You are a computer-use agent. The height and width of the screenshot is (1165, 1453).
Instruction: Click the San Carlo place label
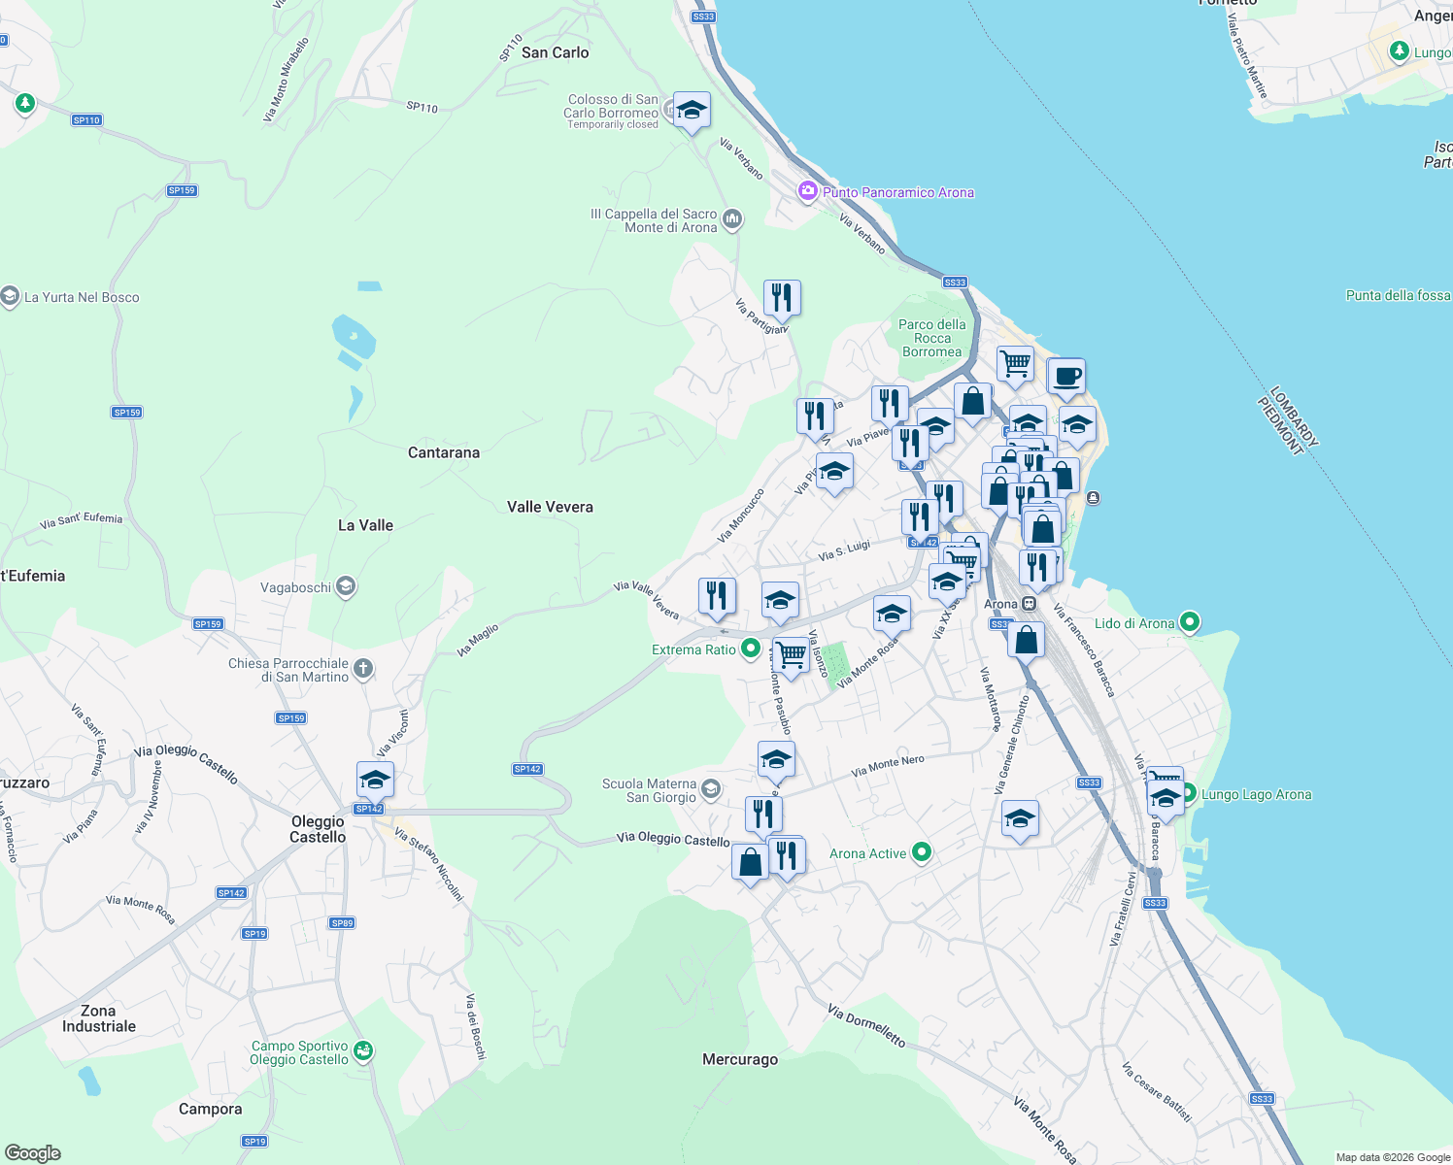(555, 52)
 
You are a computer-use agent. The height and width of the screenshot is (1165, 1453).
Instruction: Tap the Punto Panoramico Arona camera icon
(807, 191)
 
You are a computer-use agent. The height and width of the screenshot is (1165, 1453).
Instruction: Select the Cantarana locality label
(443, 452)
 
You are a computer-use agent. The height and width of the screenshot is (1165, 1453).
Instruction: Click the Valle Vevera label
(550, 507)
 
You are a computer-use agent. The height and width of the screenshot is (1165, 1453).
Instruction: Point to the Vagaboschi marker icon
(346, 586)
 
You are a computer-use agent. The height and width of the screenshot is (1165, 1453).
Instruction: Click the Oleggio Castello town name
(318, 829)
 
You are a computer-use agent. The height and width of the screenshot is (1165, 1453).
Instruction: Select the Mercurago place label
(740, 1059)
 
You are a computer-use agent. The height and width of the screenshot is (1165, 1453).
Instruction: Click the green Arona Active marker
(922, 852)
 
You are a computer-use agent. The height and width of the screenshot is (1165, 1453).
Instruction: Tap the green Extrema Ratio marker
(750, 649)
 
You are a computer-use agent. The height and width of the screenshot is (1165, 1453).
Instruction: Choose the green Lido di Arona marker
(1191, 622)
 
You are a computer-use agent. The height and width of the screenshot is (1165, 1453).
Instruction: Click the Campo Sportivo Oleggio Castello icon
(362, 1050)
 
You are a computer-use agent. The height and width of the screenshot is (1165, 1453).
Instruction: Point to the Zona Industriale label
(99, 1018)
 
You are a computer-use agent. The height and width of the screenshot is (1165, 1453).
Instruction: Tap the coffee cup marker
(1066, 376)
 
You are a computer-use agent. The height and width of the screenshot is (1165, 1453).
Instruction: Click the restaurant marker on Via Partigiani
(782, 297)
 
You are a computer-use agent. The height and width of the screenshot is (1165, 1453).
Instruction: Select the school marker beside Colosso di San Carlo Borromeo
(692, 111)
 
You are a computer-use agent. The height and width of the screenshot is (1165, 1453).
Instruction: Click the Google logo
(32, 1152)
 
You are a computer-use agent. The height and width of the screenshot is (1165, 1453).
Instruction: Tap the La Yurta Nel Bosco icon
(10, 296)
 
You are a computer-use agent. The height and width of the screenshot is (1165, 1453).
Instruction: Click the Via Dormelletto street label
(866, 1026)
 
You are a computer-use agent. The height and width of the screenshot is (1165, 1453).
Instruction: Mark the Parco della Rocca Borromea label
(931, 338)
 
